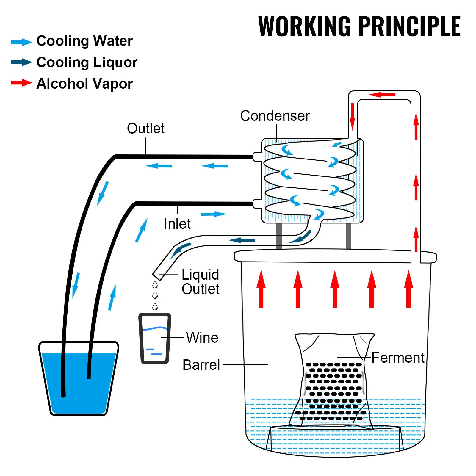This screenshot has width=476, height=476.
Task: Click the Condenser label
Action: (x=275, y=116)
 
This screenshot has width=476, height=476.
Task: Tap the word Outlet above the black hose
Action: (x=145, y=129)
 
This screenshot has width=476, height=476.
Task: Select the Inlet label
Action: (x=177, y=224)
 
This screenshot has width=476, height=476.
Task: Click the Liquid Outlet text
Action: (x=200, y=282)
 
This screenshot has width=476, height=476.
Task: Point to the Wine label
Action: (x=202, y=338)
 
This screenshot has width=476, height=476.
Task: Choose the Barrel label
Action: (x=201, y=365)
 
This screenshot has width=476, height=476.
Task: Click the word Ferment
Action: (x=398, y=358)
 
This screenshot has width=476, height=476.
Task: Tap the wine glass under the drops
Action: (x=155, y=338)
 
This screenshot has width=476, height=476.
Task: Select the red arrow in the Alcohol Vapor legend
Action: (x=21, y=83)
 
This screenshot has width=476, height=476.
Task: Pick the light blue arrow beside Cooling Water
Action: (x=21, y=42)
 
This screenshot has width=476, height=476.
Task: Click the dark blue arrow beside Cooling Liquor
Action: (x=21, y=62)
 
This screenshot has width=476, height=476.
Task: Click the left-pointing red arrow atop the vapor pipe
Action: (x=381, y=95)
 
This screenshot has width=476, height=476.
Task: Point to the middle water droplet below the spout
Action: (x=155, y=295)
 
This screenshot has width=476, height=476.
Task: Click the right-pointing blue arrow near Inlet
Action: (x=213, y=214)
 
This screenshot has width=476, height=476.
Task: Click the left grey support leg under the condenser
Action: (x=279, y=236)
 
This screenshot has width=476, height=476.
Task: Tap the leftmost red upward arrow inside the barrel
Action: (x=261, y=289)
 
